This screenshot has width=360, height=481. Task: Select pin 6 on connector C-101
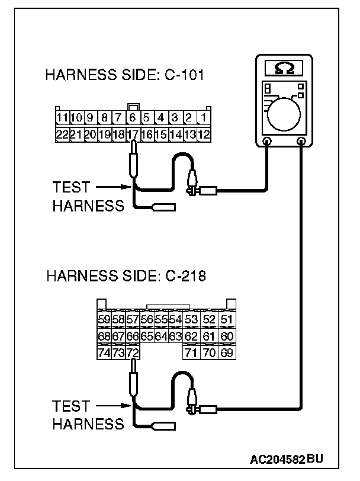click(x=133, y=117)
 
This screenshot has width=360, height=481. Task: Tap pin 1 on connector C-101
click(x=204, y=117)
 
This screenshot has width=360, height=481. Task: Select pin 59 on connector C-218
click(x=104, y=320)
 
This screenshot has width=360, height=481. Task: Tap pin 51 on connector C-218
click(x=226, y=320)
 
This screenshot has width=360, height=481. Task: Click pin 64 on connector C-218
click(x=161, y=337)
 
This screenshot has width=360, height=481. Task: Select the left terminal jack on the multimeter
click(x=267, y=142)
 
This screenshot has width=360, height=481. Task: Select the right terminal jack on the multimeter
click(x=301, y=142)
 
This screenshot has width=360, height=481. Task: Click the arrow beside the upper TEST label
click(x=112, y=187)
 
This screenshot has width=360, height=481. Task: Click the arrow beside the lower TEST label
click(x=112, y=406)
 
